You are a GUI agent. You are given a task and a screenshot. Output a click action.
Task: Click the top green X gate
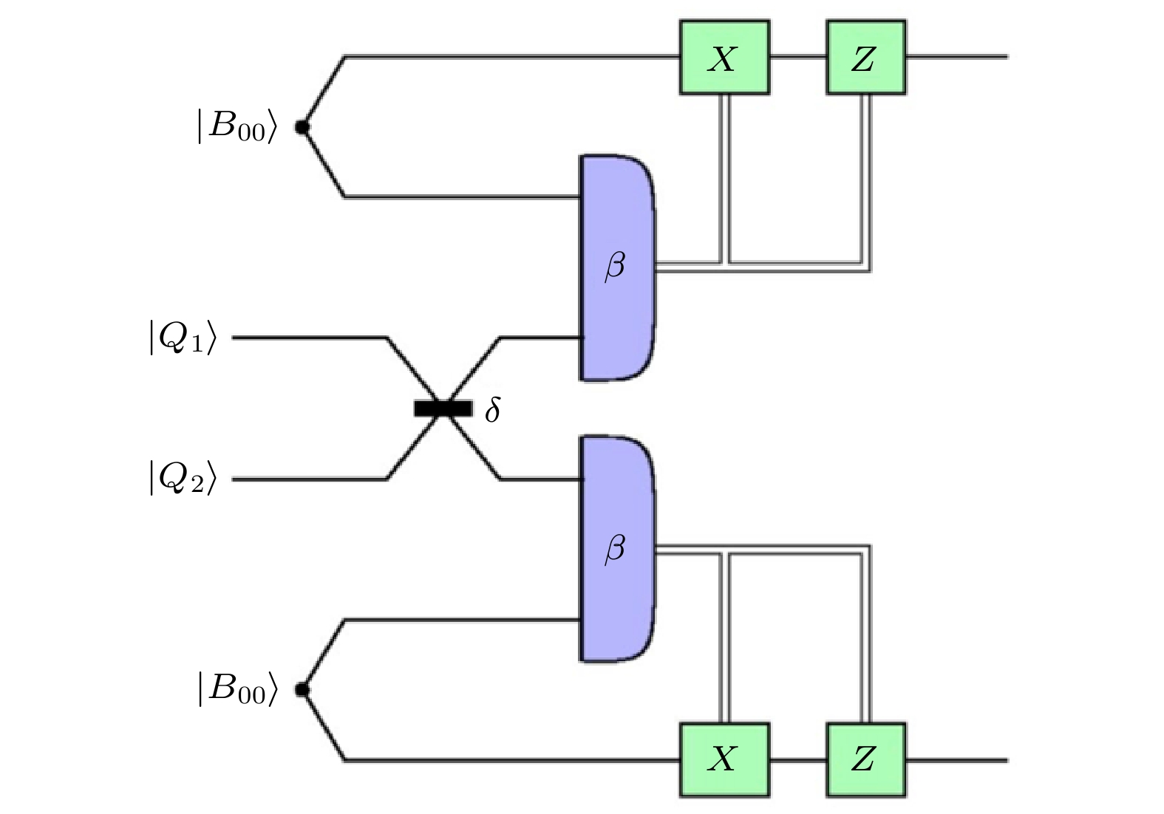point(724,58)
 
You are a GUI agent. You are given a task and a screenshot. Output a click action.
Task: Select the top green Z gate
point(865,58)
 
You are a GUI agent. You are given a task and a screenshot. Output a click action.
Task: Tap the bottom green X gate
point(724,759)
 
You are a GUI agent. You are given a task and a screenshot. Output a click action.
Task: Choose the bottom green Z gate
point(865,759)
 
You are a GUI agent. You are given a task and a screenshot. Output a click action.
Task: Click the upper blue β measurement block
point(617,222)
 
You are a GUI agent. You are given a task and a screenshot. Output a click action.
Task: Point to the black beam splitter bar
point(443,408)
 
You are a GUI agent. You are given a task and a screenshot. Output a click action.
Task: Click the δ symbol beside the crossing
point(493,409)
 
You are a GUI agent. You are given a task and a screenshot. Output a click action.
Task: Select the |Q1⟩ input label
point(183,338)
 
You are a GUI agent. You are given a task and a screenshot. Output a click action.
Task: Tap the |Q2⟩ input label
point(183,478)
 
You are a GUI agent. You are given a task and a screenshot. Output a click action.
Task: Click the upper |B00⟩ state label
point(236,126)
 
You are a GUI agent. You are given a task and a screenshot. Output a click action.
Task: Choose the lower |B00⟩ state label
point(236,688)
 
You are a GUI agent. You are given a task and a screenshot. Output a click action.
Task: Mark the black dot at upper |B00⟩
point(302,127)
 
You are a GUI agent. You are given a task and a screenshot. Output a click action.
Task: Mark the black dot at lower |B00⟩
point(302,690)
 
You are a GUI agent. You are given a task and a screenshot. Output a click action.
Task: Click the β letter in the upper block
point(615,266)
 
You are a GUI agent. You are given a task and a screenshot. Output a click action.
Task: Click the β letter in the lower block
point(615,549)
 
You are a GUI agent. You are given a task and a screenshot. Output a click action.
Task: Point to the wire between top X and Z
point(797,56)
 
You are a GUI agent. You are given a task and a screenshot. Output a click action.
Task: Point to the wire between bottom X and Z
point(797,759)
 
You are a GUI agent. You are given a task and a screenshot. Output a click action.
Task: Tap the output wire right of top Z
point(956,56)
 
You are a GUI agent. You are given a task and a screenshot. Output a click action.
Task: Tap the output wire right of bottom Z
point(956,759)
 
